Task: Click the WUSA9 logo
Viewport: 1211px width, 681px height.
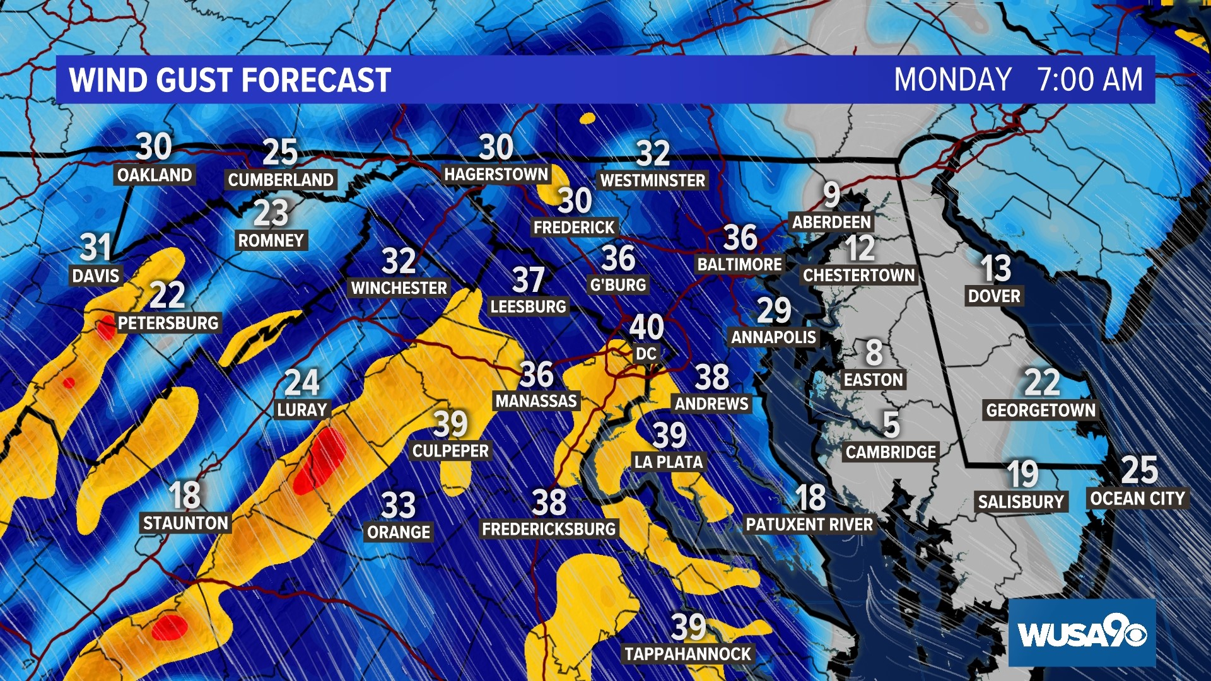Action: pos(1082,633)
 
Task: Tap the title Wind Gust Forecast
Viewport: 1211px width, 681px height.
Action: pos(230,80)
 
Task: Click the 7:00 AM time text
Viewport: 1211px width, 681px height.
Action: pos(1090,80)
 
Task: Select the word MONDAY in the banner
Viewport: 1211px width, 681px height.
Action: pos(952,80)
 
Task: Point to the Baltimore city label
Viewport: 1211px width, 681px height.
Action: pos(739,264)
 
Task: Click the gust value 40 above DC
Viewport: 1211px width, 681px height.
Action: pos(646,327)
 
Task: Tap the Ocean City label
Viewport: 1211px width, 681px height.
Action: pos(1137,499)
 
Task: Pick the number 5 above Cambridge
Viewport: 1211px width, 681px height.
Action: pos(891,424)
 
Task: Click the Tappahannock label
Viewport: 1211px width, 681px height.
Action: pos(687,654)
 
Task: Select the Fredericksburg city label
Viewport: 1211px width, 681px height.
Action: pos(549,529)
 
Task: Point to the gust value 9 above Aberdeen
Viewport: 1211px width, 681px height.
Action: pos(831,195)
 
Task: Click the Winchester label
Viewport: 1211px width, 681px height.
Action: pos(399,288)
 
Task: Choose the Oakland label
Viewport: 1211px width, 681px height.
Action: pos(155,175)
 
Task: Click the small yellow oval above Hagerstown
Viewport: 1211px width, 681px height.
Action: pos(587,118)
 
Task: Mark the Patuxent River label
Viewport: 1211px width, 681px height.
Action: pos(809,525)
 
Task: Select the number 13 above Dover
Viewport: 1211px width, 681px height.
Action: pos(995,269)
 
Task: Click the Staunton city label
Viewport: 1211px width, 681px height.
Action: pos(185,523)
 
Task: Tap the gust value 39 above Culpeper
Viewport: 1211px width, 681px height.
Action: pos(450,424)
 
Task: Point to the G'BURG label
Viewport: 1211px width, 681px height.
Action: pos(618,285)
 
